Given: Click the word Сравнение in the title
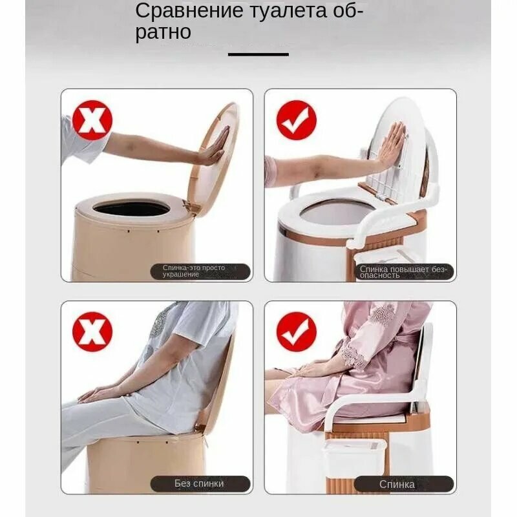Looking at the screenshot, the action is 189,11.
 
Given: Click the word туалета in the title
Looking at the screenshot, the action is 287,11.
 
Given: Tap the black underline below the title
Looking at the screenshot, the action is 258,54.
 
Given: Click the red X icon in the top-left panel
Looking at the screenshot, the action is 92,120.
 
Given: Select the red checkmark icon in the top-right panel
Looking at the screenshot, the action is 297,120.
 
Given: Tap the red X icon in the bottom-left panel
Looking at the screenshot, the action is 92,332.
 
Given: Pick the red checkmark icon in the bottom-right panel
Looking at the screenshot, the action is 297,332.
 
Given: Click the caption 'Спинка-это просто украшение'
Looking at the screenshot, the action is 194,271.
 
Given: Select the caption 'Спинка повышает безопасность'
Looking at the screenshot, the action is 403,272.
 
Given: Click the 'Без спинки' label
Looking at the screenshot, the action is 199,483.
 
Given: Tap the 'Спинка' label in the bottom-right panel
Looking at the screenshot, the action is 397,484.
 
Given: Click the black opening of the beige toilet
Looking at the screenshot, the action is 132,209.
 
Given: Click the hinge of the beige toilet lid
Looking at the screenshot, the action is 191,207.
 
